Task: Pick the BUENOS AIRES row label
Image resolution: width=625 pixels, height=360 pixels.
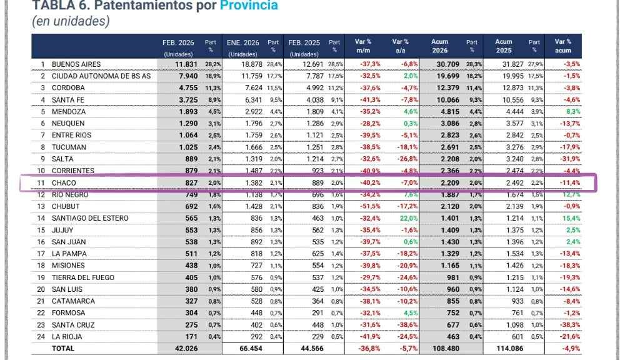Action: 76,64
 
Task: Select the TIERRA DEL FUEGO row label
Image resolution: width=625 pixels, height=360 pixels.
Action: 82,277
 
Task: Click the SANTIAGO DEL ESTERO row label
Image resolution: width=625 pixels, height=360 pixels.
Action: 90,218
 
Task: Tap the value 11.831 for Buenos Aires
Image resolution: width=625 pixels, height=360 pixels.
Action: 186,64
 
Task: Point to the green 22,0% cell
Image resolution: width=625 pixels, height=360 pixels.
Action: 407,218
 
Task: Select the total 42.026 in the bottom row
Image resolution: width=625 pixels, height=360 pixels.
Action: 186,348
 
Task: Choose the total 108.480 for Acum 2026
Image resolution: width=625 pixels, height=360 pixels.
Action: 445,348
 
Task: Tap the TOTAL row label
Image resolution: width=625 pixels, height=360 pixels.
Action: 62,348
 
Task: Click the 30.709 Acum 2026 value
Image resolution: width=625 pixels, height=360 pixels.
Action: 447,64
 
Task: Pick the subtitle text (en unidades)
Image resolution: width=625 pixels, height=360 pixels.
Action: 71,21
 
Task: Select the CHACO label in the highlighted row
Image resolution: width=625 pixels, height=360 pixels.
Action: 64,183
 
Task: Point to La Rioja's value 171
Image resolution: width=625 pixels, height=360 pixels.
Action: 191,337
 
